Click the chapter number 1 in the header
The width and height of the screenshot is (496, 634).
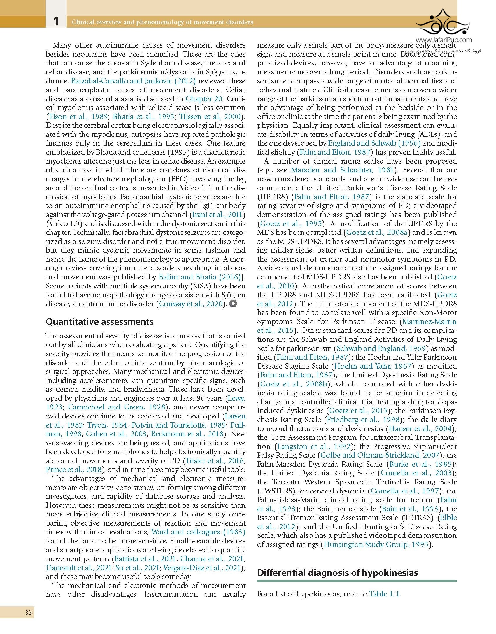pos(56,21)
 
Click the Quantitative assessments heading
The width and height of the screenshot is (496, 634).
pos(99,322)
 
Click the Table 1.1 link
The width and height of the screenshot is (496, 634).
pos(384,594)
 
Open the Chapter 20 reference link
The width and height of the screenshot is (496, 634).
pos(204,99)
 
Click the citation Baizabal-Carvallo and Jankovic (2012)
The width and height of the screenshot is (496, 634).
pos(133,81)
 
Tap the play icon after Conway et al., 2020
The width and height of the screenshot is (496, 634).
pos(233,304)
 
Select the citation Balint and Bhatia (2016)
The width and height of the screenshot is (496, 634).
pos(199,277)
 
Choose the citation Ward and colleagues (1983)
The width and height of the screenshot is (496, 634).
pos(198,532)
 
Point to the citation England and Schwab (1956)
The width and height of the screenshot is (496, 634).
pos(374,143)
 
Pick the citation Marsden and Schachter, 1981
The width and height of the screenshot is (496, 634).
pos(342,170)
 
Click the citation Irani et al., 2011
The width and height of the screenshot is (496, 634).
pos(217,215)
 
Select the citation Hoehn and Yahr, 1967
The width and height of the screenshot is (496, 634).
pos(373,366)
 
